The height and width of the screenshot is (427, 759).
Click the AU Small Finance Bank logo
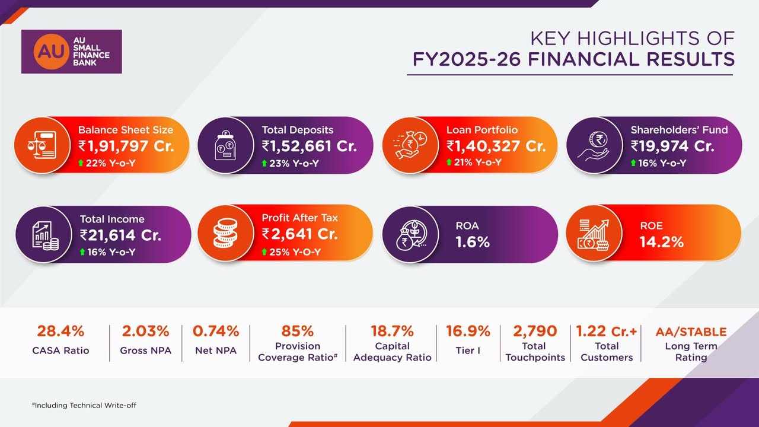click(x=71, y=52)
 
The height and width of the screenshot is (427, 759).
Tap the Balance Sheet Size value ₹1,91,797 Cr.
click(x=126, y=146)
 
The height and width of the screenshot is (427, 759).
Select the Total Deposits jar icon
click(x=225, y=145)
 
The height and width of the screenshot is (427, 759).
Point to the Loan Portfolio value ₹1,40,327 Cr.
click(x=496, y=146)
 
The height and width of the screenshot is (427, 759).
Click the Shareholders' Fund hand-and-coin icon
click(x=594, y=145)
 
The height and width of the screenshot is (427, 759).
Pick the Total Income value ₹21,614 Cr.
click(x=120, y=235)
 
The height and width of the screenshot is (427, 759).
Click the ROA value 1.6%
click(x=473, y=241)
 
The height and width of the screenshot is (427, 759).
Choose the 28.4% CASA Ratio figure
click(x=60, y=331)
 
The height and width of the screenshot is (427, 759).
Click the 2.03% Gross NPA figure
click(x=145, y=331)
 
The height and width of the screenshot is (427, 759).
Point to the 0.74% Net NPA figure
click(x=216, y=331)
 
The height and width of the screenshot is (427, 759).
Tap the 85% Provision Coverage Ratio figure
click(x=298, y=331)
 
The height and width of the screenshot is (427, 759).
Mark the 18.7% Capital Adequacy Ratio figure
click(x=392, y=331)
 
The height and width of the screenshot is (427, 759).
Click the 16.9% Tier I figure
click(x=468, y=331)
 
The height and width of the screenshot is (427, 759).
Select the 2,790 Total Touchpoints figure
click(x=535, y=331)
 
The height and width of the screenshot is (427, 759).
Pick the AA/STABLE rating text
click(x=691, y=332)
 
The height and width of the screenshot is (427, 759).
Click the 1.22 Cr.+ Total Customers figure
click(x=607, y=331)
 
